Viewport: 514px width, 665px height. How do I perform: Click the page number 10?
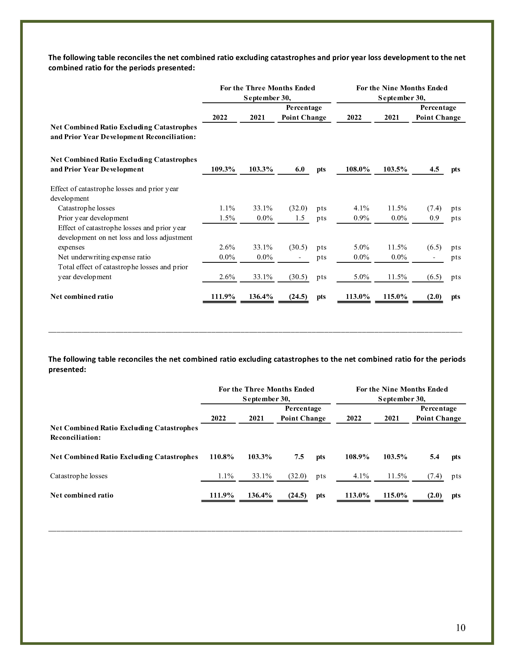pyautogui.click(x=460, y=628)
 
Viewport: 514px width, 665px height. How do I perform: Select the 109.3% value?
pyautogui.click(x=223, y=169)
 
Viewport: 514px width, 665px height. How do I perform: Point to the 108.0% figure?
pyautogui.click(x=358, y=169)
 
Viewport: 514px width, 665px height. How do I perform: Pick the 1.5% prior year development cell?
pyautogui.click(x=227, y=218)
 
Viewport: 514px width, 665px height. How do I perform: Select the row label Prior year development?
pyautogui.click(x=93, y=218)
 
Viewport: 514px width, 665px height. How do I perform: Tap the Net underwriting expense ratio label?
pyautogui.click(x=104, y=257)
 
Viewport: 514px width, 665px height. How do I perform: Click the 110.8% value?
pyautogui.click(x=222, y=457)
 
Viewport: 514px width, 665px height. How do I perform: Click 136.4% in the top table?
pyautogui.click(x=261, y=297)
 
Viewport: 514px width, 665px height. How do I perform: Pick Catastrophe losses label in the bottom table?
pyautogui.click(x=79, y=476)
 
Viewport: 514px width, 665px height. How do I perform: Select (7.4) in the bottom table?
pyautogui.click(x=435, y=476)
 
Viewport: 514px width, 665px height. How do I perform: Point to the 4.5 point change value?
pyautogui.click(x=434, y=169)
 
